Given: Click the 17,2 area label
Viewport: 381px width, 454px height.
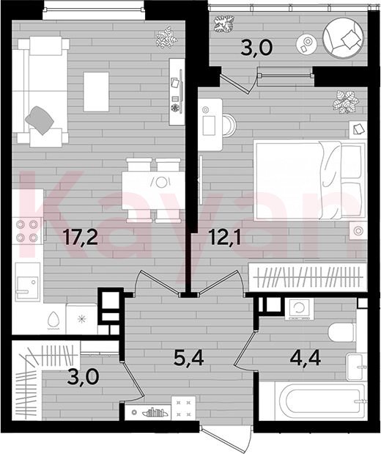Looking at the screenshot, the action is (x=81, y=237).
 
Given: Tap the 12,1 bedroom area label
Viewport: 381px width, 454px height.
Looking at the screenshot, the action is (x=224, y=237).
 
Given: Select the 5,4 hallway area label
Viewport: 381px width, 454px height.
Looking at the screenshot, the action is (x=188, y=358).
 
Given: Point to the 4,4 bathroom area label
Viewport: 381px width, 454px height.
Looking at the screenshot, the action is (x=306, y=358).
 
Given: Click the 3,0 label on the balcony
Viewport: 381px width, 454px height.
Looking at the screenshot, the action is (x=256, y=48).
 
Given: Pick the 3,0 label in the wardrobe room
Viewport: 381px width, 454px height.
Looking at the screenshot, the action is (x=84, y=377).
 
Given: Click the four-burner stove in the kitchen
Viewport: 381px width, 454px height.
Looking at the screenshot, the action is (x=28, y=231).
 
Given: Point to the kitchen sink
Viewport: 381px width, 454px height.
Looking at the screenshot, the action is (x=28, y=282).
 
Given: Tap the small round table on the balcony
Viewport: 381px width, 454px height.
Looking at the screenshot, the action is (x=306, y=43).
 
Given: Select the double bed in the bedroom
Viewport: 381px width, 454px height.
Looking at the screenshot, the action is (x=309, y=180).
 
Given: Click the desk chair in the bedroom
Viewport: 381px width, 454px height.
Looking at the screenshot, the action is (x=229, y=125).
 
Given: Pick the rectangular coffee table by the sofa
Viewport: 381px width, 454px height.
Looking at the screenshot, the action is (x=96, y=92).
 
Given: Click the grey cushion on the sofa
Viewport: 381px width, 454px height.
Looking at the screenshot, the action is (x=40, y=120).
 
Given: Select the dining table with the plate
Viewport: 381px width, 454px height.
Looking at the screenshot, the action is (x=153, y=190).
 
